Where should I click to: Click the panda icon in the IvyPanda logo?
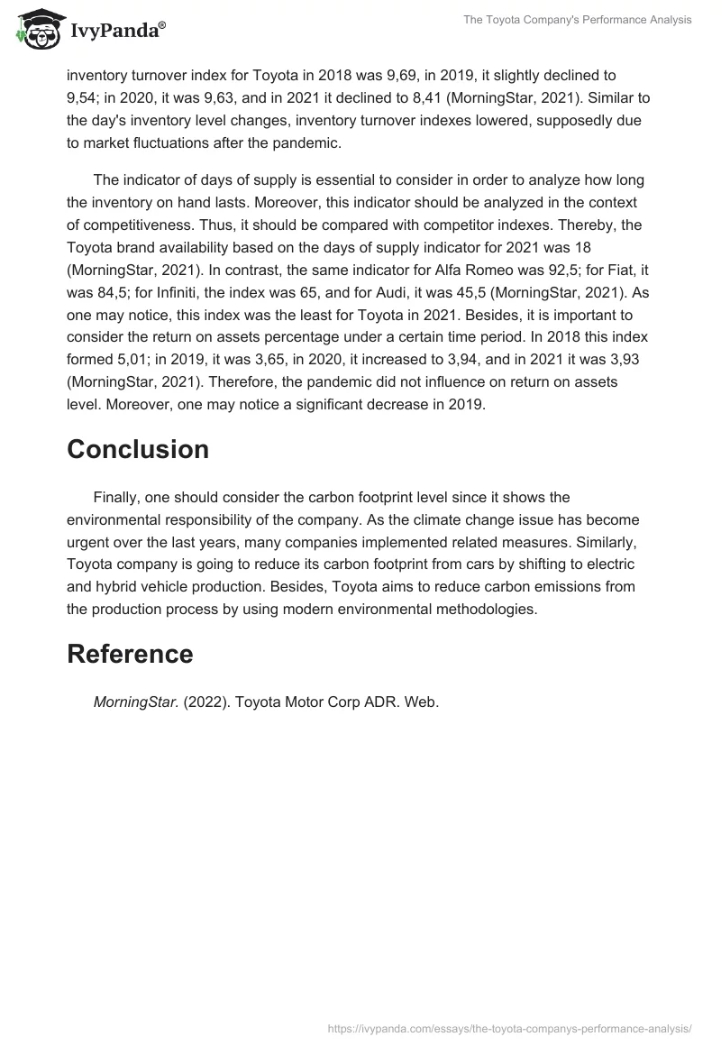tap(35, 28)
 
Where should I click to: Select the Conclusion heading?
tap(138, 449)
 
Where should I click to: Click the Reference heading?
tap(130, 654)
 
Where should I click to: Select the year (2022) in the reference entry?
tap(206, 702)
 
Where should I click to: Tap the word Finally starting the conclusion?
tap(117, 497)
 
